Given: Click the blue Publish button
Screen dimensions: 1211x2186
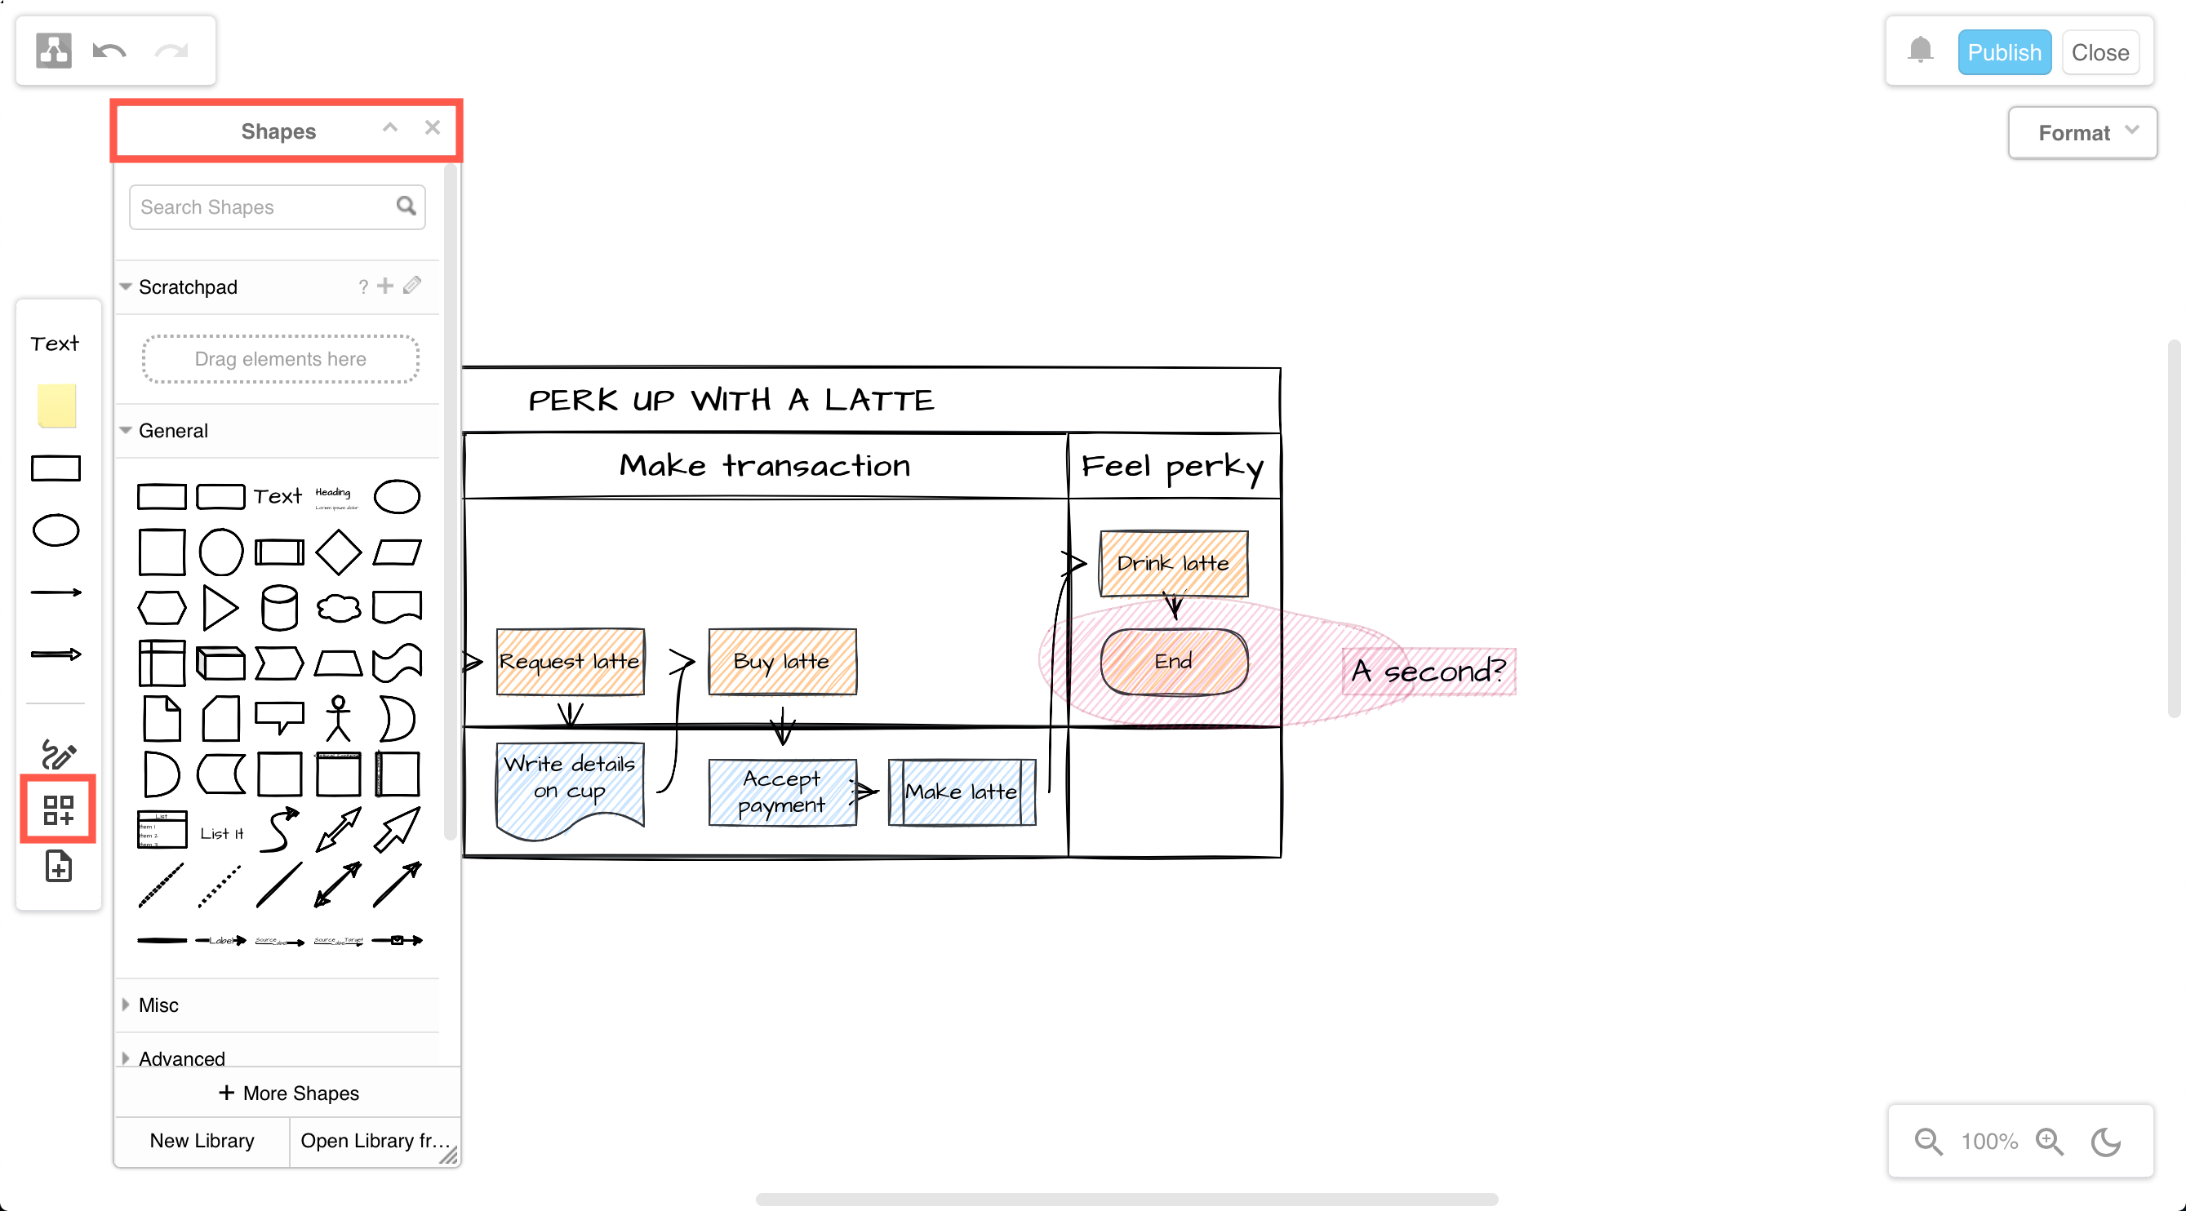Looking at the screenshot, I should click(x=2003, y=52).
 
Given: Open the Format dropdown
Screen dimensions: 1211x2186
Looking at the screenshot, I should click(x=2082, y=133).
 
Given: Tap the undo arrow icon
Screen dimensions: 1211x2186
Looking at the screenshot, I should click(x=109, y=51).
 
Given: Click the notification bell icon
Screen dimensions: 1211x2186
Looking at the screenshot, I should click(x=1921, y=50).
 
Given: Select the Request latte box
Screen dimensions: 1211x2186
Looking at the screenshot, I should click(x=570, y=661).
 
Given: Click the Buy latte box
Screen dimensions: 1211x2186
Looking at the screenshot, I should click(x=781, y=661).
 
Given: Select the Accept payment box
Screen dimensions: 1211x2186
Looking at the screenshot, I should click(x=781, y=792).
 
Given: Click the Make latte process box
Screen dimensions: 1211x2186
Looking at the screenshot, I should click(x=962, y=792).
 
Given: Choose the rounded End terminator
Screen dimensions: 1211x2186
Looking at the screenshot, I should click(x=1174, y=661).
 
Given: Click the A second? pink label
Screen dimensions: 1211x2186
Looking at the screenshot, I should click(x=1428, y=672).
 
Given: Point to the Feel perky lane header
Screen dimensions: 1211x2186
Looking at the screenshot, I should click(x=1174, y=466).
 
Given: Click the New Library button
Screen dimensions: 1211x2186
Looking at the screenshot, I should click(x=202, y=1141).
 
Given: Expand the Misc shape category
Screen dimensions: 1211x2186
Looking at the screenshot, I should click(x=158, y=1005).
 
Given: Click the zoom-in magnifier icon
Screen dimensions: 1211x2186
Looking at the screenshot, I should click(x=2050, y=1142).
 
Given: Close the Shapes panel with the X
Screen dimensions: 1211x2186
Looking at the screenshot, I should click(x=433, y=127).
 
